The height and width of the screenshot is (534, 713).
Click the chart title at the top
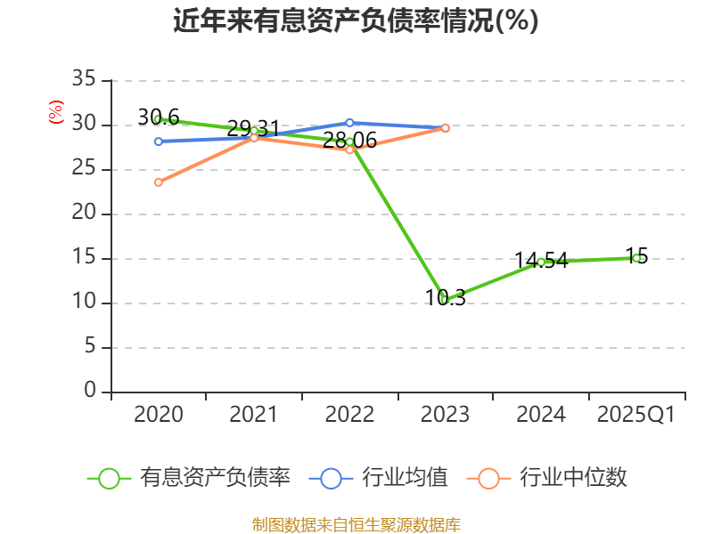pyautogui.click(x=356, y=20)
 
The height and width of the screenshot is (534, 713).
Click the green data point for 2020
pyautogui.click(x=158, y=118)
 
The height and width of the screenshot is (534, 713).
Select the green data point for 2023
pyautogui.click(x=444, y=300)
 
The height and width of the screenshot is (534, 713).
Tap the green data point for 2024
pyautogui.click(x=540, y=262)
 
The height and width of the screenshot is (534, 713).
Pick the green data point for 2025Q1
pyautogui.click(x=635, y=258)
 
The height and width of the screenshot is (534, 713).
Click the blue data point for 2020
pyautogui.click(x=158, y=142)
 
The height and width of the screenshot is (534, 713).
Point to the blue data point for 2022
pyautogui.click(x=348, y=123)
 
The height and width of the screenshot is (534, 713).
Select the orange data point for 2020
pyautogui.click(x=158, y=182)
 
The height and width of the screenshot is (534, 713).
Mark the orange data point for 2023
pyautogui.click(x=445, y=128)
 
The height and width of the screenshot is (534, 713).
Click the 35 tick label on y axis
pyautogui.click(x=83, y=80)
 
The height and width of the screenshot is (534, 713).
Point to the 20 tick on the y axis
pyautogui.click(x=83, y=214)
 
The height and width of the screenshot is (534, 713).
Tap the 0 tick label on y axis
pyautogui.click(x=89, y=391)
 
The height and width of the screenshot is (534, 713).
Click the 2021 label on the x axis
pyautogui.click(x=253, y=415)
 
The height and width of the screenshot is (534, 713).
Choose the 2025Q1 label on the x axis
pyautogui.click(x=635, y=415)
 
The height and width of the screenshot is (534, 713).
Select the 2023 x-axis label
pyautogui.click(x=444, y=415)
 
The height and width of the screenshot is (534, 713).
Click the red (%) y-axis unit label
pyautogui.click(x=56, y=112)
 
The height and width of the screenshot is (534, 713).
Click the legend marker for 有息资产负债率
pyautogui.click(x=109, y=478)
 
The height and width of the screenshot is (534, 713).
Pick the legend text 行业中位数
pyautogui.click(x=573, y=478)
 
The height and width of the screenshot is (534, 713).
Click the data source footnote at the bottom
pyautogui.click(x=356, y=524)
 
